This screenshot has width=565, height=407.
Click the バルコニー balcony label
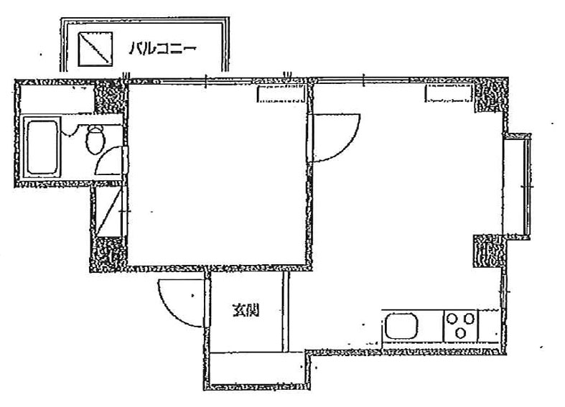pos(162,49)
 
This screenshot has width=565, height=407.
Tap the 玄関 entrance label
pos(246,311)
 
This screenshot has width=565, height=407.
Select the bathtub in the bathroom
pos(42,147)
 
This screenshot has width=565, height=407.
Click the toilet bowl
pos(95,139)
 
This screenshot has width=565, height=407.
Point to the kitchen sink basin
pos(401,326)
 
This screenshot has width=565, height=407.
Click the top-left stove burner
pos(452,319)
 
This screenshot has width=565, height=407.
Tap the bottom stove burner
pos(460,333)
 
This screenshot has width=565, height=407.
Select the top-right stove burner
pos(469,319)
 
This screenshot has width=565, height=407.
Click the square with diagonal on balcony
pos(95,49)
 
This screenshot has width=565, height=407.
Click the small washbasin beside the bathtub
pos(69,130)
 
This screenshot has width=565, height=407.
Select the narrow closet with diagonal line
pos(108,212)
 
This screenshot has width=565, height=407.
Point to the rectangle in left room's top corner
pos(281,94)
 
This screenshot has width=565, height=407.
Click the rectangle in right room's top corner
pos(449,93)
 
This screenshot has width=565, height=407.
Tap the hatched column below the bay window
pos(489,251)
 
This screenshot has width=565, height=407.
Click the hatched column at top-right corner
pos(490,95)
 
